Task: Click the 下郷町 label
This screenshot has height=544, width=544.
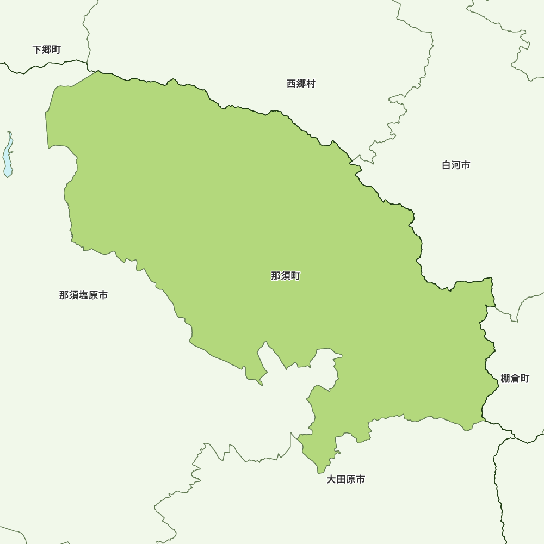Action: (x=47, y=50)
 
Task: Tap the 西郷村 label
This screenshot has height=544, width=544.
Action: (x=301, y=84)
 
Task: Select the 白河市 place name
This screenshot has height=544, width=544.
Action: (x=456, y=165)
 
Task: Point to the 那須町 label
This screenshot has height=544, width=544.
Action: (x=286, y=276)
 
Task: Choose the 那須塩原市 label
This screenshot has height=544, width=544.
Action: (x=83, y=295)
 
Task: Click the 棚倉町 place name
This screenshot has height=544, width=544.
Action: (x=515, y=379)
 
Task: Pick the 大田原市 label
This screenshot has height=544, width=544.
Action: (x=346, y=480)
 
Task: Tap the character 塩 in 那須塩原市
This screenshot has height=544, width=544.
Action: (x=83, y=295)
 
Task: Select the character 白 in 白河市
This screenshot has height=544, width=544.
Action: (x=447, y=165)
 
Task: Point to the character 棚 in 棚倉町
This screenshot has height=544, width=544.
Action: (x=505, y=379)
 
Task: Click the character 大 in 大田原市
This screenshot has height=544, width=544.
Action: (x=331, y=480)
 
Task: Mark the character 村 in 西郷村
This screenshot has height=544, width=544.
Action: (x=311, y=84)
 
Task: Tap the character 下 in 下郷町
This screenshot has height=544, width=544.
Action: (x=37, y=50)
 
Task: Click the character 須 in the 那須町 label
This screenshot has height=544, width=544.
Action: (x=286, y=276)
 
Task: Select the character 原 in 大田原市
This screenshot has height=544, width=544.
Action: (x=351, y=480)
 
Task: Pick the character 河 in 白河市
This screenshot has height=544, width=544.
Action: (x=456, y=165)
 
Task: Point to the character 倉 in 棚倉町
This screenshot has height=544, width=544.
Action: (x=515, y=379)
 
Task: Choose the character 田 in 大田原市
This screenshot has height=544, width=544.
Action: (x=341, y=480)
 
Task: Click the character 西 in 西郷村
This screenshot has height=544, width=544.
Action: (x=292, y=84)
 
